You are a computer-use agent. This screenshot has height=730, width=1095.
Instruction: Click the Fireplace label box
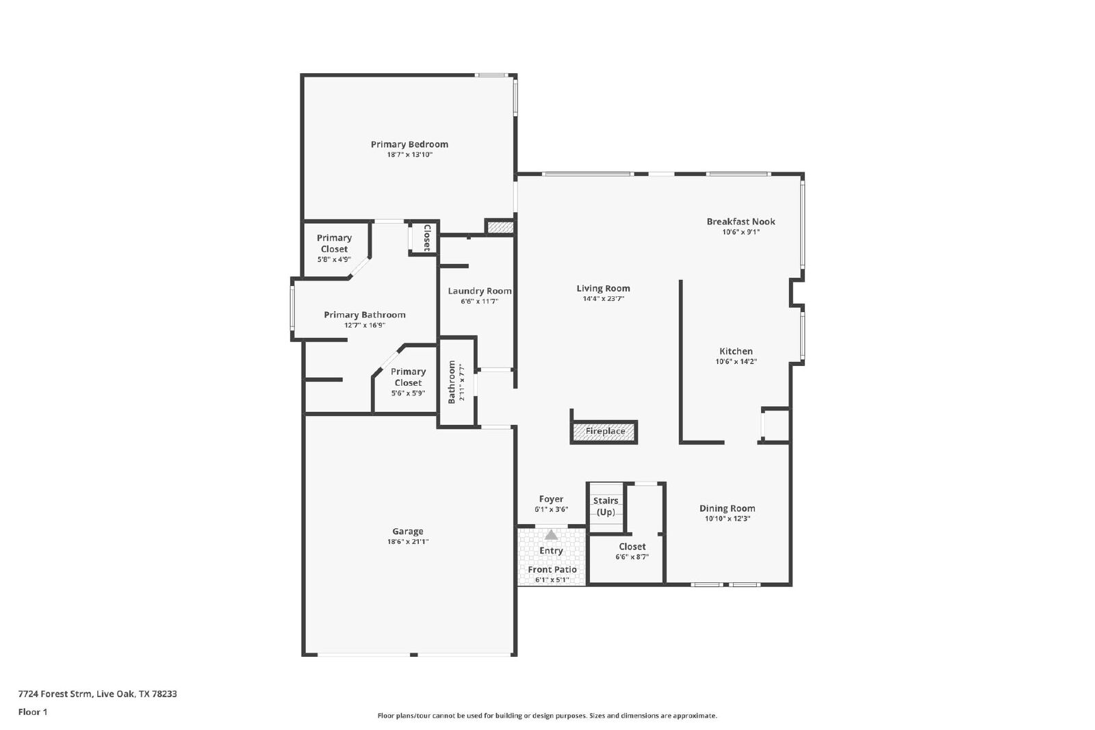[x=604, y=432]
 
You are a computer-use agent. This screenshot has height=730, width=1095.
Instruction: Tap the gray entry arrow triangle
[x=551, y=535]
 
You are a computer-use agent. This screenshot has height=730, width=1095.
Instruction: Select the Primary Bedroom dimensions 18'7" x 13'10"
[x=410, y=155]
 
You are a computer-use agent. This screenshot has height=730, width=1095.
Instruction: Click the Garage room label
[x=408, y=531]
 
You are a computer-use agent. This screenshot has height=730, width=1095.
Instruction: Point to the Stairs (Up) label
[x=606, y=506]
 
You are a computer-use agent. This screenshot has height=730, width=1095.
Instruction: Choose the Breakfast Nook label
[x=740, y=222]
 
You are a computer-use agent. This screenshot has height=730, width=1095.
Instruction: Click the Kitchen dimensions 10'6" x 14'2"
[x=736, y=362]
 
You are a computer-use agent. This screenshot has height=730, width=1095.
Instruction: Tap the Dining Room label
[x=727, y=508]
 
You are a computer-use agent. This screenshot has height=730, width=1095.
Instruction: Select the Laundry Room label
[x=480, y=291]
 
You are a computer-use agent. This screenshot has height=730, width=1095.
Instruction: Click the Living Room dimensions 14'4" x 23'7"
[x=603, y=299]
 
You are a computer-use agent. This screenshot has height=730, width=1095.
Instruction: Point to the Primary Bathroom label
[x=365, y=315]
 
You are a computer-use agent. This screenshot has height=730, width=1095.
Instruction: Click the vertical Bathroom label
[x=452, y=382]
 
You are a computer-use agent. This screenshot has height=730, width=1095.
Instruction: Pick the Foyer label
[x=551, y=499]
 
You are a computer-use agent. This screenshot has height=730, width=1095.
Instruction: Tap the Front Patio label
[x=552, y=570]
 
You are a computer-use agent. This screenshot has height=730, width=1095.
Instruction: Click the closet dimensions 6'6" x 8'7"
[x=632, y=557]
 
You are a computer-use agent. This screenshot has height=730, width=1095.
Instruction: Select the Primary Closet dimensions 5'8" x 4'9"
[x=335, y=260]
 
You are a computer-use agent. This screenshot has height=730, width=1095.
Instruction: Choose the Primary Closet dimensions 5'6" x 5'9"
[x=408, y=393]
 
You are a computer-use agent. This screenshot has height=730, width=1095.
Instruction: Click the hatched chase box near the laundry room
[x=500, y=227]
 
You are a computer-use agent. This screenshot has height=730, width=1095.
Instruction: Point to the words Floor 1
[x=33, y=712]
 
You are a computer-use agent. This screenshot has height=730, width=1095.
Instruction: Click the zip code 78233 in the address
[x=165, y=694]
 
